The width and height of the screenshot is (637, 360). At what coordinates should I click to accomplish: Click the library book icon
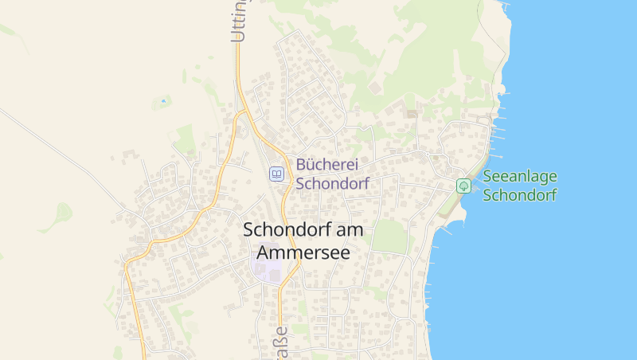pyautogui.click(x=276, y=174)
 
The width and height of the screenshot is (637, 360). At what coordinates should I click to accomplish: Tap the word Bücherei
pyautogui.click(x=327, y=165)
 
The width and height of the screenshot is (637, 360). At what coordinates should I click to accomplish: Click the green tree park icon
pyautogui.click(x=463, y=186)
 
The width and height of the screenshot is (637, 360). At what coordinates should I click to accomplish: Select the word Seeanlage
pyautogui.click(x=520, y=177)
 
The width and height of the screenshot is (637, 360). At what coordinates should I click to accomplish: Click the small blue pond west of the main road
pyautogui.click(x=164, y=101)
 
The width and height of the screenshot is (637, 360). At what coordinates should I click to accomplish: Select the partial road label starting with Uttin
pyautogui.click(x=238, y=21)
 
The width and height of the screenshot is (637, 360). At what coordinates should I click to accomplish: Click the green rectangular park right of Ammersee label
pyautogui.click(x=389, y=237)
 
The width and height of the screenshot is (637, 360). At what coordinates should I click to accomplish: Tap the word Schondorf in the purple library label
pyautogui.click(x=332, y=183)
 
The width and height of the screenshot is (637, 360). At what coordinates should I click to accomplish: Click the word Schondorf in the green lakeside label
pyautogui.click(x=520, y=195)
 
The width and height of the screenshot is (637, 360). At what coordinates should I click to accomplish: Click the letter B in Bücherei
pyautogui.click(x=302, y=165)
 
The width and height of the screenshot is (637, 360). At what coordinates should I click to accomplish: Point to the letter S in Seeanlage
pyautogui.click(x=487, y=177)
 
